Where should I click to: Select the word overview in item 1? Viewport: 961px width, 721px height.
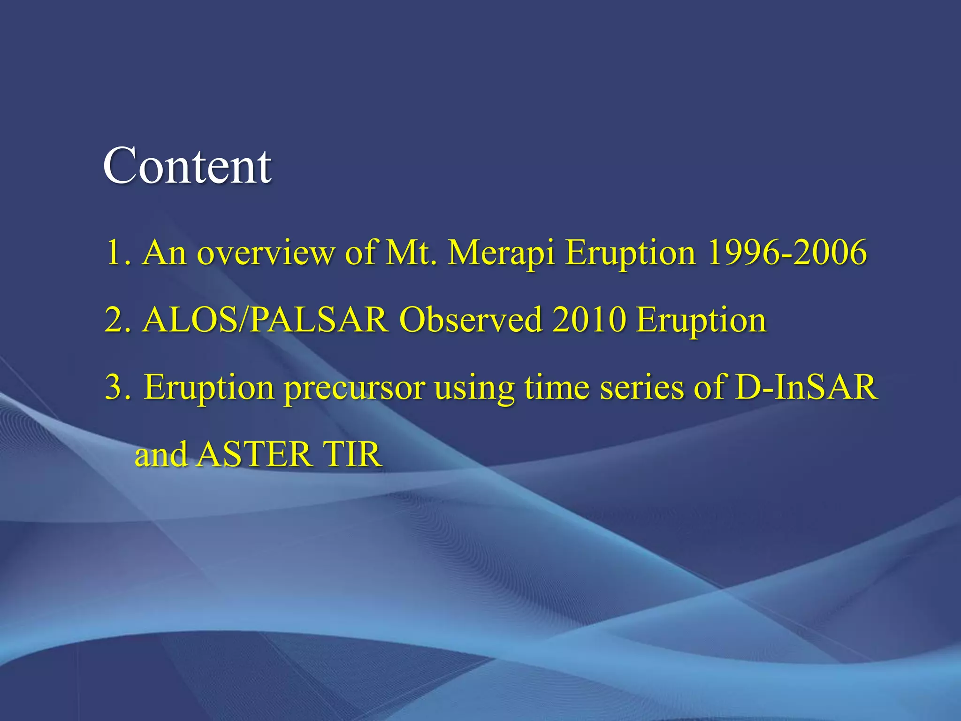266,253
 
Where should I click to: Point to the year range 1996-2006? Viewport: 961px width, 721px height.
786,253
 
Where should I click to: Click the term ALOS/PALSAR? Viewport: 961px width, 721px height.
266,320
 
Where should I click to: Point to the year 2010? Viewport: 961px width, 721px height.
588,320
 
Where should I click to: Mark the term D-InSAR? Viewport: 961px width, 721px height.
806,387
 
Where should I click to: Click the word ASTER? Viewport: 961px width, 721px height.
253,454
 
